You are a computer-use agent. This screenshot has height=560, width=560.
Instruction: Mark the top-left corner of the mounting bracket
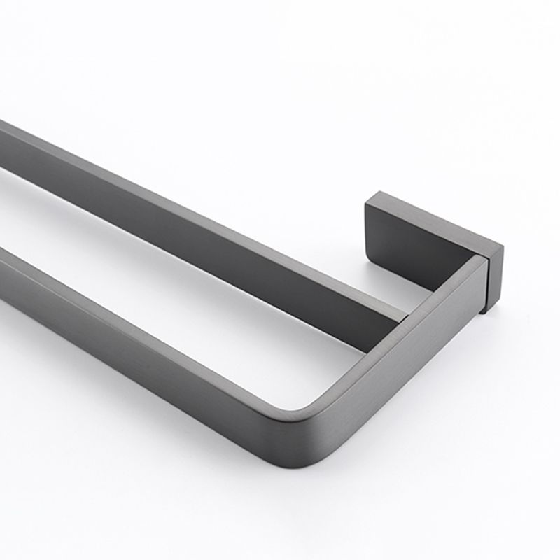(366, 202)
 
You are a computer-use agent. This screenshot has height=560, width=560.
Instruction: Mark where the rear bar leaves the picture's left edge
(2, 147)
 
